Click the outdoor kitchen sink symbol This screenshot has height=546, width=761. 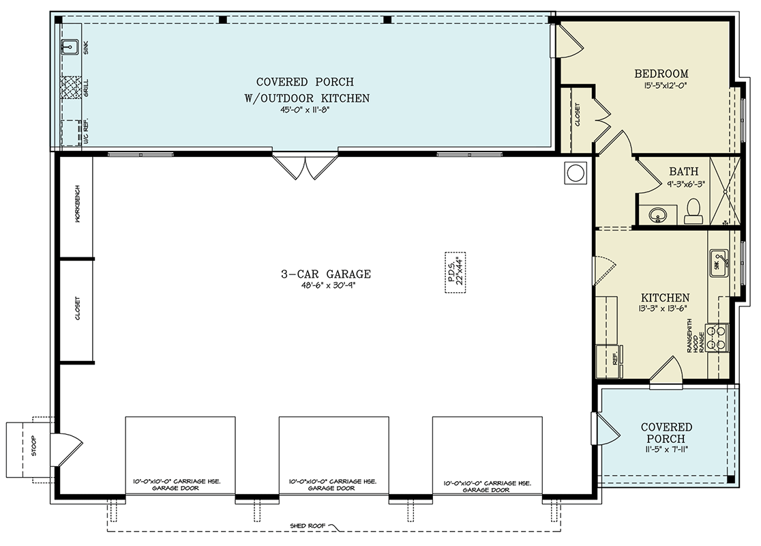[70, 48]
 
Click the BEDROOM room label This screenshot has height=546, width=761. [661, 74]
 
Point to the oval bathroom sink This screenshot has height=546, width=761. [658, 214]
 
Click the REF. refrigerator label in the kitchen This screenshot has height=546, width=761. [615, 358]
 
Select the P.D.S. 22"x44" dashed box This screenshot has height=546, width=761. [456, 272]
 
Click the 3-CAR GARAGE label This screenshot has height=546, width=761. [326, 274]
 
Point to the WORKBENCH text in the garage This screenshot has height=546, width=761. [77, 204]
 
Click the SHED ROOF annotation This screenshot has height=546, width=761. [308, 526]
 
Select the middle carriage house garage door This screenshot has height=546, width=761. [333, 456]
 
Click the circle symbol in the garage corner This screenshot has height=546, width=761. [575, 173]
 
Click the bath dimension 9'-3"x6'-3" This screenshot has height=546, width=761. [686, 184]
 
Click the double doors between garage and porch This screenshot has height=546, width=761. [305, 166]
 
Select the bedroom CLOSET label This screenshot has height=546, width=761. [577, 115]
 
